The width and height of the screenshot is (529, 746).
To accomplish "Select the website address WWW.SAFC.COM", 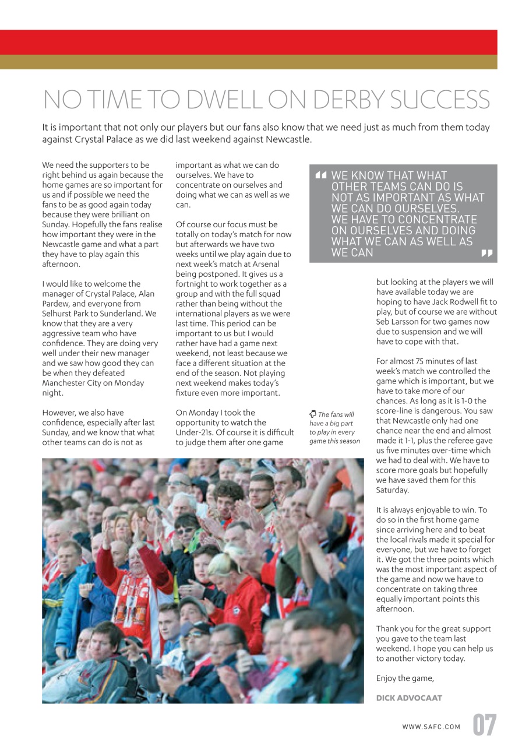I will [431, 727].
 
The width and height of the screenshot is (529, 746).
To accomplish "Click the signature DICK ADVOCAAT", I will [409, 698].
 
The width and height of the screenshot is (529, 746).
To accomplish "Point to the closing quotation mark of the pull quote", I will [486, 254].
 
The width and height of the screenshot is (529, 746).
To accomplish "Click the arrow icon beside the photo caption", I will [312, 414].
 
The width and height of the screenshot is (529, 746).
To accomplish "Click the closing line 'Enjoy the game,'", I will [405, 678].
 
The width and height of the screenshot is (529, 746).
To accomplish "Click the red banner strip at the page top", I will [249, 42].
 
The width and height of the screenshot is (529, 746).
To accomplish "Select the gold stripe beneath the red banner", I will [249, 62].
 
